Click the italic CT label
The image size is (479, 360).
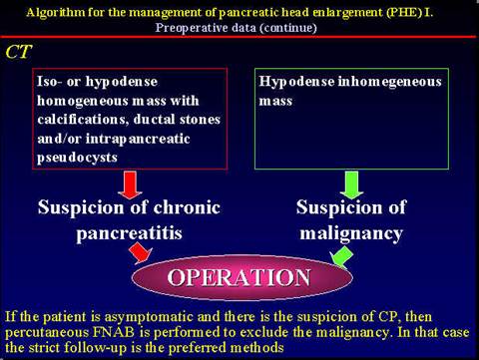(19, 50)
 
